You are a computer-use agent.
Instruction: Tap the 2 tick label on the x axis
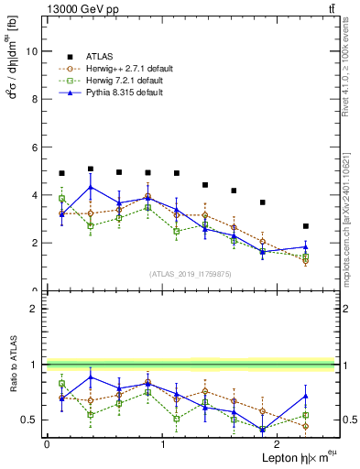click(276, 444)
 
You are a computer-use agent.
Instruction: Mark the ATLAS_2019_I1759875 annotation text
click(191, 273)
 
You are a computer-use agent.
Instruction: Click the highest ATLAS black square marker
click(90, 169)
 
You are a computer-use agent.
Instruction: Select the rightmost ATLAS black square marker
click(306, 226)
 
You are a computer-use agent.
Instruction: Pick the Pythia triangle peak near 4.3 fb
click(90, 188)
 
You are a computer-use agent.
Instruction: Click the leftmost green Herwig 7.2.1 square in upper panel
click(61, 199)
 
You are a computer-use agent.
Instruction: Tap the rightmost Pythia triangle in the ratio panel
click(306, 396)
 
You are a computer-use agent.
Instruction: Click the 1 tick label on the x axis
click(162, 444)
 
